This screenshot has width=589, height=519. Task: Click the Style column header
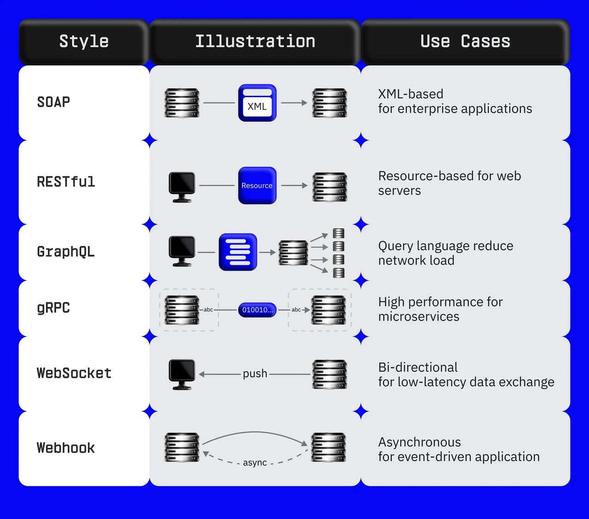84,41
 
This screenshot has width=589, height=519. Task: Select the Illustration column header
255,41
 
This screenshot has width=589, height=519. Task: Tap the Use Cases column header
465,41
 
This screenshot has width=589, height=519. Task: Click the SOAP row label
53,102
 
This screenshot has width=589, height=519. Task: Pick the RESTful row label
66,182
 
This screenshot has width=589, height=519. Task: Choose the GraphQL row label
66,252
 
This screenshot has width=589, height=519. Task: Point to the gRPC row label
53,308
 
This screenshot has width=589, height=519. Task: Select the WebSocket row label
74,373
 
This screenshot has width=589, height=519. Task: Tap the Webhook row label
66,448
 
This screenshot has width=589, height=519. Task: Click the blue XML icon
257,103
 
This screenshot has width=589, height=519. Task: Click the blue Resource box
257,185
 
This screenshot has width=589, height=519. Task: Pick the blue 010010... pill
257,310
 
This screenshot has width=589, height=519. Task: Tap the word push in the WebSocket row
255,374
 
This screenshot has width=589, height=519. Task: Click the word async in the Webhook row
255,462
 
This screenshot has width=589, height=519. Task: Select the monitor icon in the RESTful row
182,187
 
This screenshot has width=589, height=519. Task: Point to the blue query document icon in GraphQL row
238,252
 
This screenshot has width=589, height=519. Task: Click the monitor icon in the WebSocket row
182,375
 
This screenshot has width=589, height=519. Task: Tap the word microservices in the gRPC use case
419,317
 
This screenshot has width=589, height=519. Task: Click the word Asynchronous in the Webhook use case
420,442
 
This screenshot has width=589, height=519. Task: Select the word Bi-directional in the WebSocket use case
418,367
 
